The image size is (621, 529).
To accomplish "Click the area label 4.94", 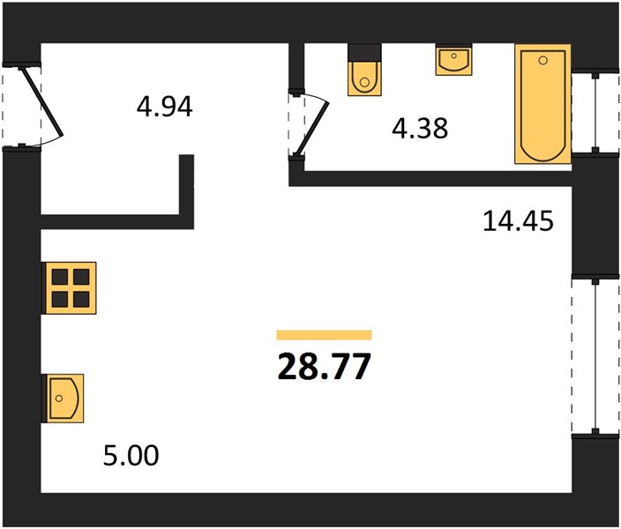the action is [164, 107].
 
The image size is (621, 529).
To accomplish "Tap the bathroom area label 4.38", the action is [420, 128].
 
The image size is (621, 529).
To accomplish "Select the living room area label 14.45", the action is [518, 220].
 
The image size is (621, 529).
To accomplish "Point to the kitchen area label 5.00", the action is [131, 455].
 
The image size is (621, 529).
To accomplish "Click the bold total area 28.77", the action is [325, 366].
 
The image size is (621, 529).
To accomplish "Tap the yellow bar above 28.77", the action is [324, 335].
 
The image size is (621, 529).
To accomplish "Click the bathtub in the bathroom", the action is [543, 104].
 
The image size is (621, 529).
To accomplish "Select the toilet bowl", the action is [365, 78].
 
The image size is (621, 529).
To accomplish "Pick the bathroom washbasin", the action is [454, 60].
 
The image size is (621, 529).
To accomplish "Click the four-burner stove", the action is [70, 288].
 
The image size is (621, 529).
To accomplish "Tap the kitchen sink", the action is [64, 399].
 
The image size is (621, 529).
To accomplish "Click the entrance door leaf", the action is [41, 101].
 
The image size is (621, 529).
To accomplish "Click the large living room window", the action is [595, 356].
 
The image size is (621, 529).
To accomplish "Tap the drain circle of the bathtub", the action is [543, 60].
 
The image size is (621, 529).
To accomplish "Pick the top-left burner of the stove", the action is [60, 277].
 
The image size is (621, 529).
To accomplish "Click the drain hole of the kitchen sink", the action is [59, 399].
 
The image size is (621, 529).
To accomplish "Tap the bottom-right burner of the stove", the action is [81, 300].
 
